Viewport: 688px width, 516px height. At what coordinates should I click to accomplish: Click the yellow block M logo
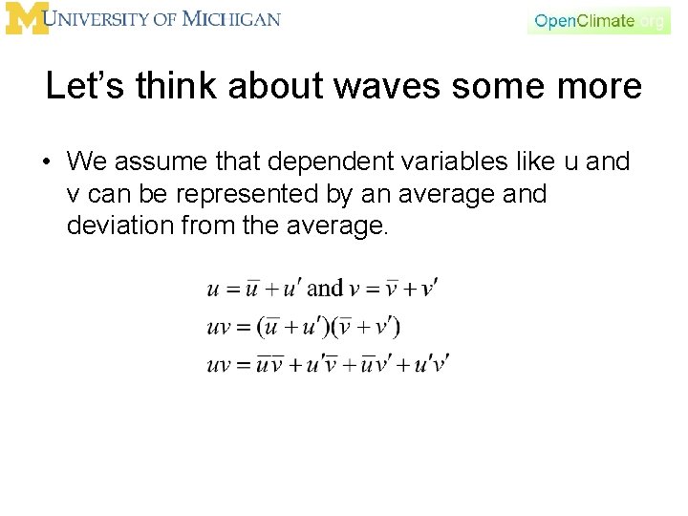26,19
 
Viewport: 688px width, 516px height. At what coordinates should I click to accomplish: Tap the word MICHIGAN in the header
232,19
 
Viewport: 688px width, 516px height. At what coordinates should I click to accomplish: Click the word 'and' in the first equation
325,288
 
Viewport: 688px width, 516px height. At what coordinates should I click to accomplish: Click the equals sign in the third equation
244,365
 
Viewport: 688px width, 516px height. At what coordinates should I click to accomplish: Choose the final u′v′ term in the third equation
432,365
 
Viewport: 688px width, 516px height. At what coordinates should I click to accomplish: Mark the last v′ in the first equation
429,288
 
